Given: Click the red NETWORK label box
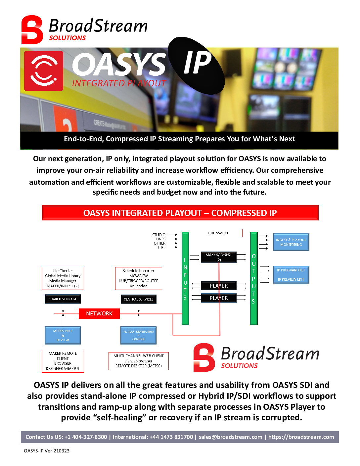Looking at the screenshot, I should point(99,313).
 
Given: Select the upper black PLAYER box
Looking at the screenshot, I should point(218,286).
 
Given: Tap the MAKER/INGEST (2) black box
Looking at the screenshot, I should point(218,257).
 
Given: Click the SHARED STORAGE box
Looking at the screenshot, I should point(63,299).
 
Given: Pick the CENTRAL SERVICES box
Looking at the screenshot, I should point(138,299).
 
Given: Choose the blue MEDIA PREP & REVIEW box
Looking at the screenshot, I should point(63,335).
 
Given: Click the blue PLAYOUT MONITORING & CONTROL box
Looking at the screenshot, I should point(138,335).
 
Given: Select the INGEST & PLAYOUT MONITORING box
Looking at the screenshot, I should point(291,242).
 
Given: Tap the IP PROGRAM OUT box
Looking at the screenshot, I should point(291,270).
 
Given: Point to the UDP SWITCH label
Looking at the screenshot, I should point(218,233).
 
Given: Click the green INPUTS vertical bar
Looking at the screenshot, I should point(185,278).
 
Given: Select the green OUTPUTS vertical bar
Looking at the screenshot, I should point(254,278).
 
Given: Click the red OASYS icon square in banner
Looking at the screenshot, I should point(44,71).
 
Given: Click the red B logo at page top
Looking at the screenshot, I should point(32,30).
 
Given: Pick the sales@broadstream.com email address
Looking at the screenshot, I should point(230,437).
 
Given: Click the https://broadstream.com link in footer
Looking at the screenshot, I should point(301,437).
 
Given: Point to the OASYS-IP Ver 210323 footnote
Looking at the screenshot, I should point(47,451).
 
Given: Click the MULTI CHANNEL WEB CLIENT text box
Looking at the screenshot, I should point(138,361).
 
